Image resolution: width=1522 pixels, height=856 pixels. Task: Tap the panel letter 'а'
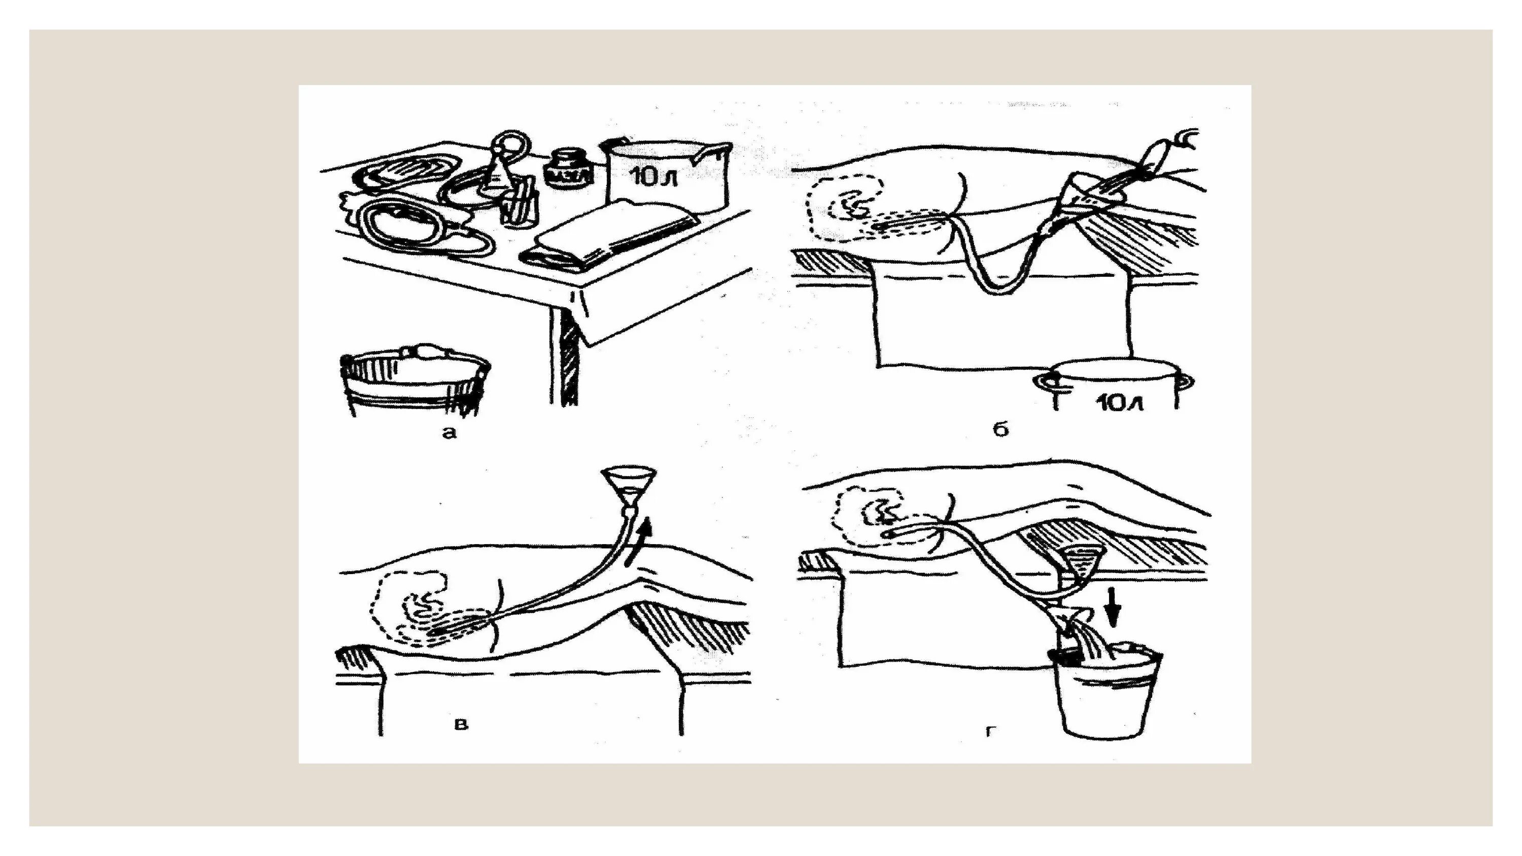pyautogui.click(x=449, y=433)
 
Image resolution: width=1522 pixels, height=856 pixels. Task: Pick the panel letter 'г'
pyautogui.click(x=991, y=732)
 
